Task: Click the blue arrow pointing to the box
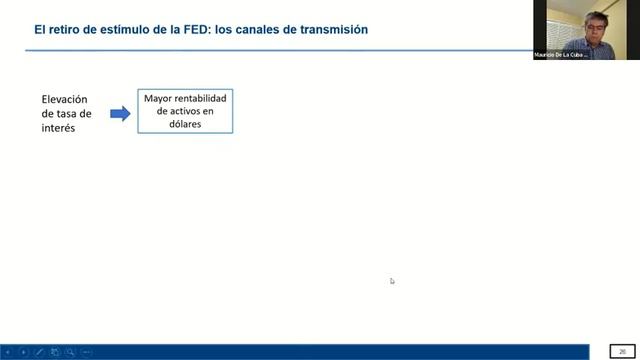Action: coord(120,114)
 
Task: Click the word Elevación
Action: coord(65,99)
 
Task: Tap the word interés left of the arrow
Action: coord(58,128)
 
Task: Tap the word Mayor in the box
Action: coord(158,99)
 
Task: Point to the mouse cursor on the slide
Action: coord(392,281)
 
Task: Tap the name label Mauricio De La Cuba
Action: coord(559,55)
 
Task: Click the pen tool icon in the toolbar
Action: coord(40,352)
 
